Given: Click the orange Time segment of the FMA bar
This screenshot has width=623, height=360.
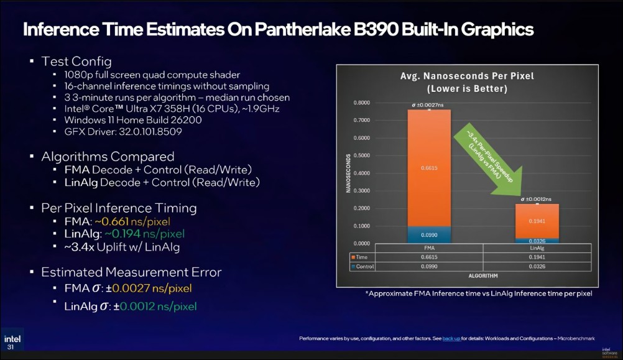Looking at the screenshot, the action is pyautogui.click(x=429, y=168).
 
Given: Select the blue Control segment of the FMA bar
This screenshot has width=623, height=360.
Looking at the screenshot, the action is pyautogui.click(x=429, y=235).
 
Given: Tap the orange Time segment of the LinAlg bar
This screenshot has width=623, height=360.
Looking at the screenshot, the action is pyautogui.click(x=537, y=221).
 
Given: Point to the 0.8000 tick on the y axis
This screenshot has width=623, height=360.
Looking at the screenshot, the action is pyautogui.click(x=362, y=103).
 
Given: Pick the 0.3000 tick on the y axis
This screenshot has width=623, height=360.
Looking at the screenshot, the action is pyautogui.click(x=362, y=191).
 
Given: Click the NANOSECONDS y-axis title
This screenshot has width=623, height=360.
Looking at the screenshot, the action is pyautogui.click(x=348, y=173).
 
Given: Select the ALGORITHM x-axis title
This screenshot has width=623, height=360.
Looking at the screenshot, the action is pyautogui.click(x=482, y=276).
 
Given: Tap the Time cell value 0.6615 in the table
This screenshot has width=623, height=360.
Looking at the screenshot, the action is pyautogui.click(x=429, y=257).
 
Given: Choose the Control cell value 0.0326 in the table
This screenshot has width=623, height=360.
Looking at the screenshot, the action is pyautogui.click(x=537, y=267).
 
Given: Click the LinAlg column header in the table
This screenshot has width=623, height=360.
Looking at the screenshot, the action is pyautogui.click(x=537, y=248).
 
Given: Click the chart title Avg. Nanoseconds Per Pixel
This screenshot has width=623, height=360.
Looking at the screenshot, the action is pyautogui.click(x=467, y=76).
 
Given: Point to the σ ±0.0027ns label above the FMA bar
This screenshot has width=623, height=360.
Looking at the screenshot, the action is pyautogui.click(x=428, y=105).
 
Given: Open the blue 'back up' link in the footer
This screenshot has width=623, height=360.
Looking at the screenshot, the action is pyautogui.click(x=451, y=338).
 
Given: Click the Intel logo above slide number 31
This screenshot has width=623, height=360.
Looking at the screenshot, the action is pyautogui.click(x=12, y=339).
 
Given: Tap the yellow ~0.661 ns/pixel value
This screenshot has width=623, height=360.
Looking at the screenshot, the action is pyautogui.click(x=132, y=221).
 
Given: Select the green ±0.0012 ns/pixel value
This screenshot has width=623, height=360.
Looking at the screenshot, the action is pyautogui.click(x=155, y=307).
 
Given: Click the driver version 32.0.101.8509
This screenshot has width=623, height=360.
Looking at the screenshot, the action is pyautogui.click(x=150, y=132).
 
